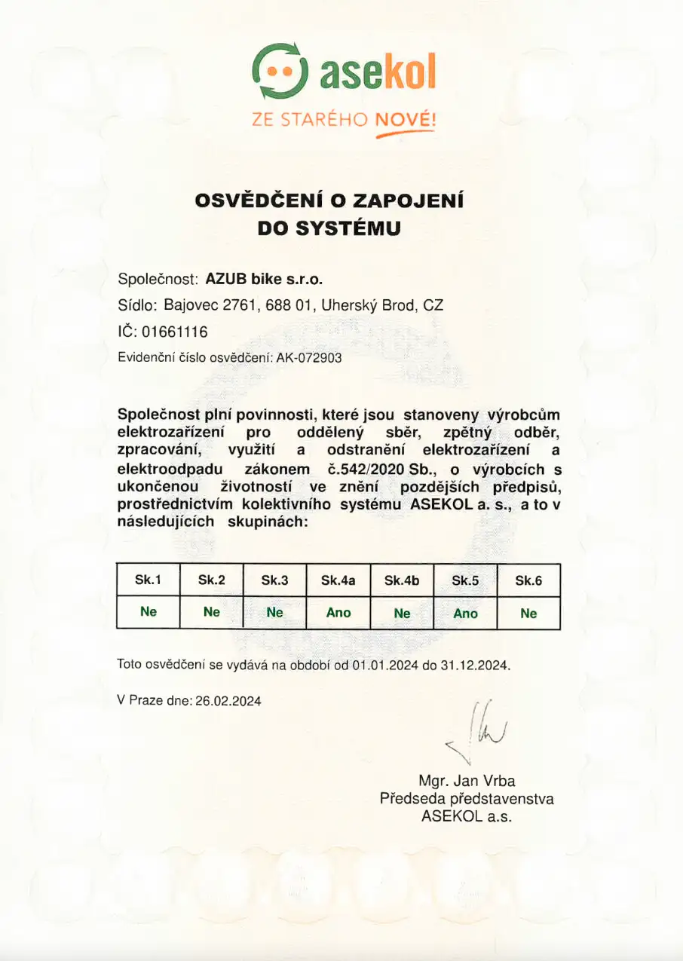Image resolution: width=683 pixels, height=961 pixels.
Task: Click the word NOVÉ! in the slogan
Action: pyautogui.click(x=405, y=119)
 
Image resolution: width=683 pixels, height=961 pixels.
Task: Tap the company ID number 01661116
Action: pyautogui.click(x=175, y=332)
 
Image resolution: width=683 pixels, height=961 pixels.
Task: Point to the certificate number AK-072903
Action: pyautogui.click(x=309, y=359)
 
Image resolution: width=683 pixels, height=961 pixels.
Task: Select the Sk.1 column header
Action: pyautogui.click(x=148, y=580)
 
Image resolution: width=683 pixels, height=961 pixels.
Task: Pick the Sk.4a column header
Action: pyautogui.click(x=338, y=580)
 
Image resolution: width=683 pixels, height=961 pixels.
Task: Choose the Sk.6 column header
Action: pyautogui.click(x=528, y=580)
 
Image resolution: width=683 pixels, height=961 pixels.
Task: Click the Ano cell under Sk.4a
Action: pyautogui.click(x=338, y=613)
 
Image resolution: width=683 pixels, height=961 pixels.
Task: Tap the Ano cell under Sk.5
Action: pyautogui.click(x=465, y=613)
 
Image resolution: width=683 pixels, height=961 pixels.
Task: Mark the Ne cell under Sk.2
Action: pyautogui.click(x=212, y=612)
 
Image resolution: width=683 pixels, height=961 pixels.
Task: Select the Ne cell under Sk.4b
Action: pyautogui.click(x=402, y=613)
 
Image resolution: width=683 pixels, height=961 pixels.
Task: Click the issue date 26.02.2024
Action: pyautogui.click(x=228, y=701)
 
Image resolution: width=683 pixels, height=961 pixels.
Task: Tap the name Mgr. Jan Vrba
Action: pyautogui.click(x=467, y=781)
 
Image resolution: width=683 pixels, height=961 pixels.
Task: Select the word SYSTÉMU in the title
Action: pyautogui.click(x=348, y=228)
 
